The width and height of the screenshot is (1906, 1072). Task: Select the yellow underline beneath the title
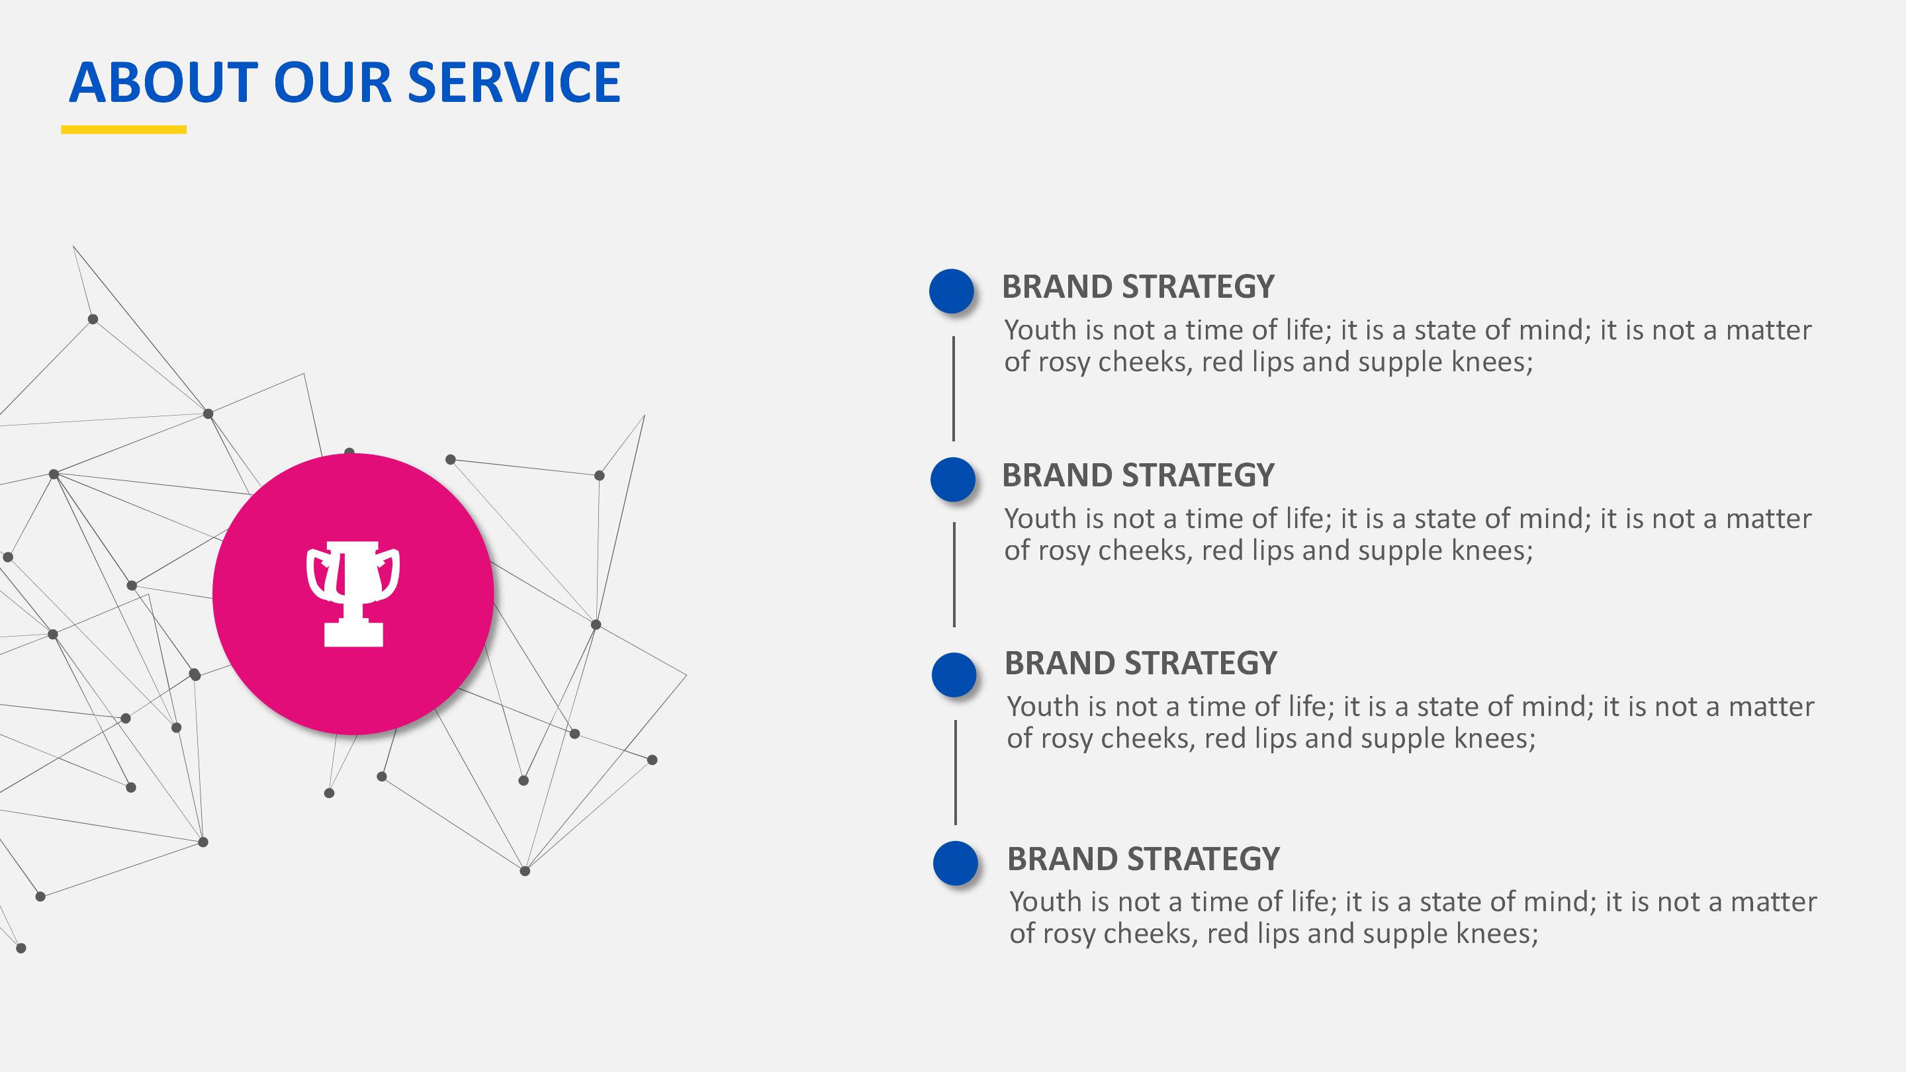tap(124, 130)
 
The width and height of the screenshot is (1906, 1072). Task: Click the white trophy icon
tap(353, 594)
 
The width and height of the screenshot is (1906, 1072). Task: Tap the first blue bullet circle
tap(952, 290)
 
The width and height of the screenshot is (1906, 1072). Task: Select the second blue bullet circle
tap(953, 479)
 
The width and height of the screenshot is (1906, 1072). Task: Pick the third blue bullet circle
tap(954, 675)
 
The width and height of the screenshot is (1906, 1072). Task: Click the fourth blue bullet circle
tap(956, 864)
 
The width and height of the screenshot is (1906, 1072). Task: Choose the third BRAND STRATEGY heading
tap(1141, 664)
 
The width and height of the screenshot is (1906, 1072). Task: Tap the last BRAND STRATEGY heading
tap(1143, 860)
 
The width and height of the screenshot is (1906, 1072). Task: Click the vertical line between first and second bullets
tap(953, 388)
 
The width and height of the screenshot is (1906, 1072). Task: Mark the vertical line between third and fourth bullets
tap(955, 772)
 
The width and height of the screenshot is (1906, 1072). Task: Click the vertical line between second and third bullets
tap(954, 575)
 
